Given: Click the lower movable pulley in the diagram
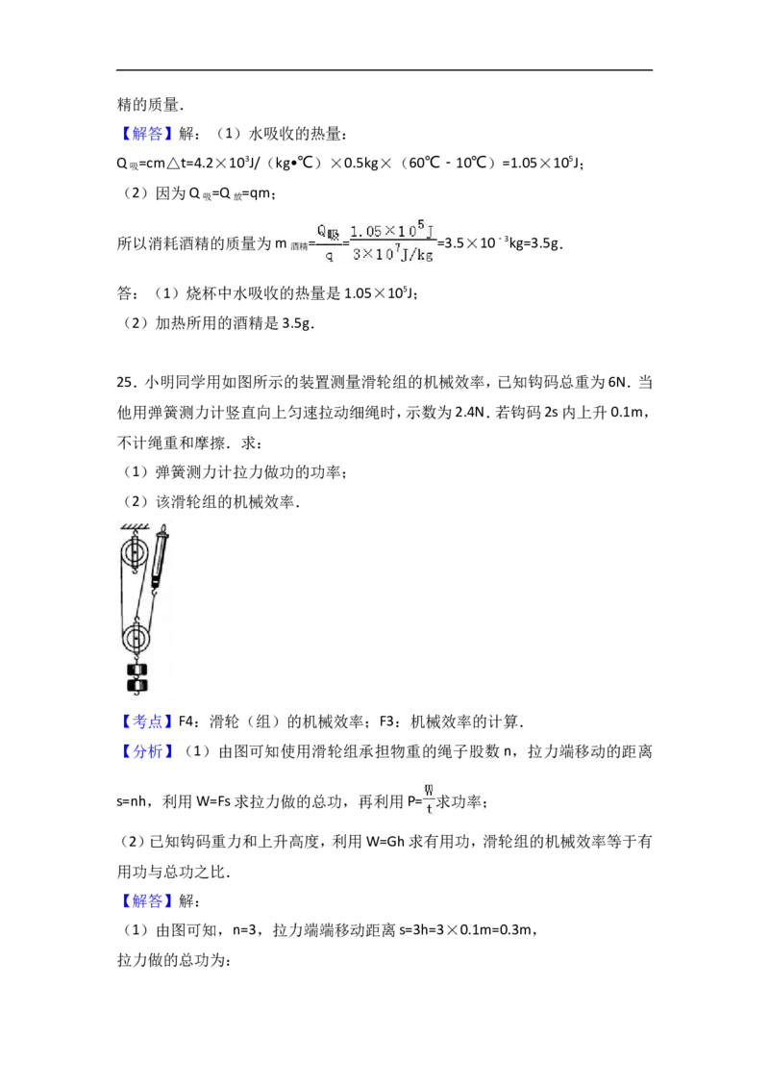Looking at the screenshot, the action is coord(136,638).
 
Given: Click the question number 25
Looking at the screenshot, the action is coord(124,383).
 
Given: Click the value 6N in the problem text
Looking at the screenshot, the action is coord(617,383).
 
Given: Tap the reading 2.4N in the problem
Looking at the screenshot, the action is coord(470,413).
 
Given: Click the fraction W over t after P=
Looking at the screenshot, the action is coord(429,800).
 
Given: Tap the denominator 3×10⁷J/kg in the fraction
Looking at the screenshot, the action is coord(393,255).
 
